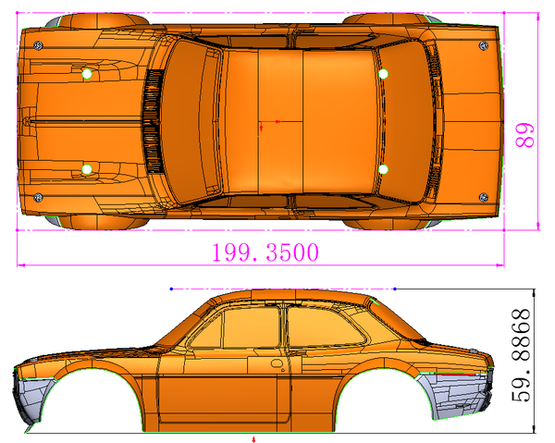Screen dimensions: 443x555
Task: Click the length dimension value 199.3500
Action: tap(265, 252)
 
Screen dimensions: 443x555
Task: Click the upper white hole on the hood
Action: tap(87, 73)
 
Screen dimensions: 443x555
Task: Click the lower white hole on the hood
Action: tap(87, 168)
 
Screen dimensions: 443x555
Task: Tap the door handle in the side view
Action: tap(276, 364)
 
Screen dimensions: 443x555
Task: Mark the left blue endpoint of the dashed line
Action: tap(172, 288)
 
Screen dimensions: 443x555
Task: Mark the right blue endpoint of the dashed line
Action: tap(395, 288)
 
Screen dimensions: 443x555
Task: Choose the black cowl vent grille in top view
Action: tap(149, 121)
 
